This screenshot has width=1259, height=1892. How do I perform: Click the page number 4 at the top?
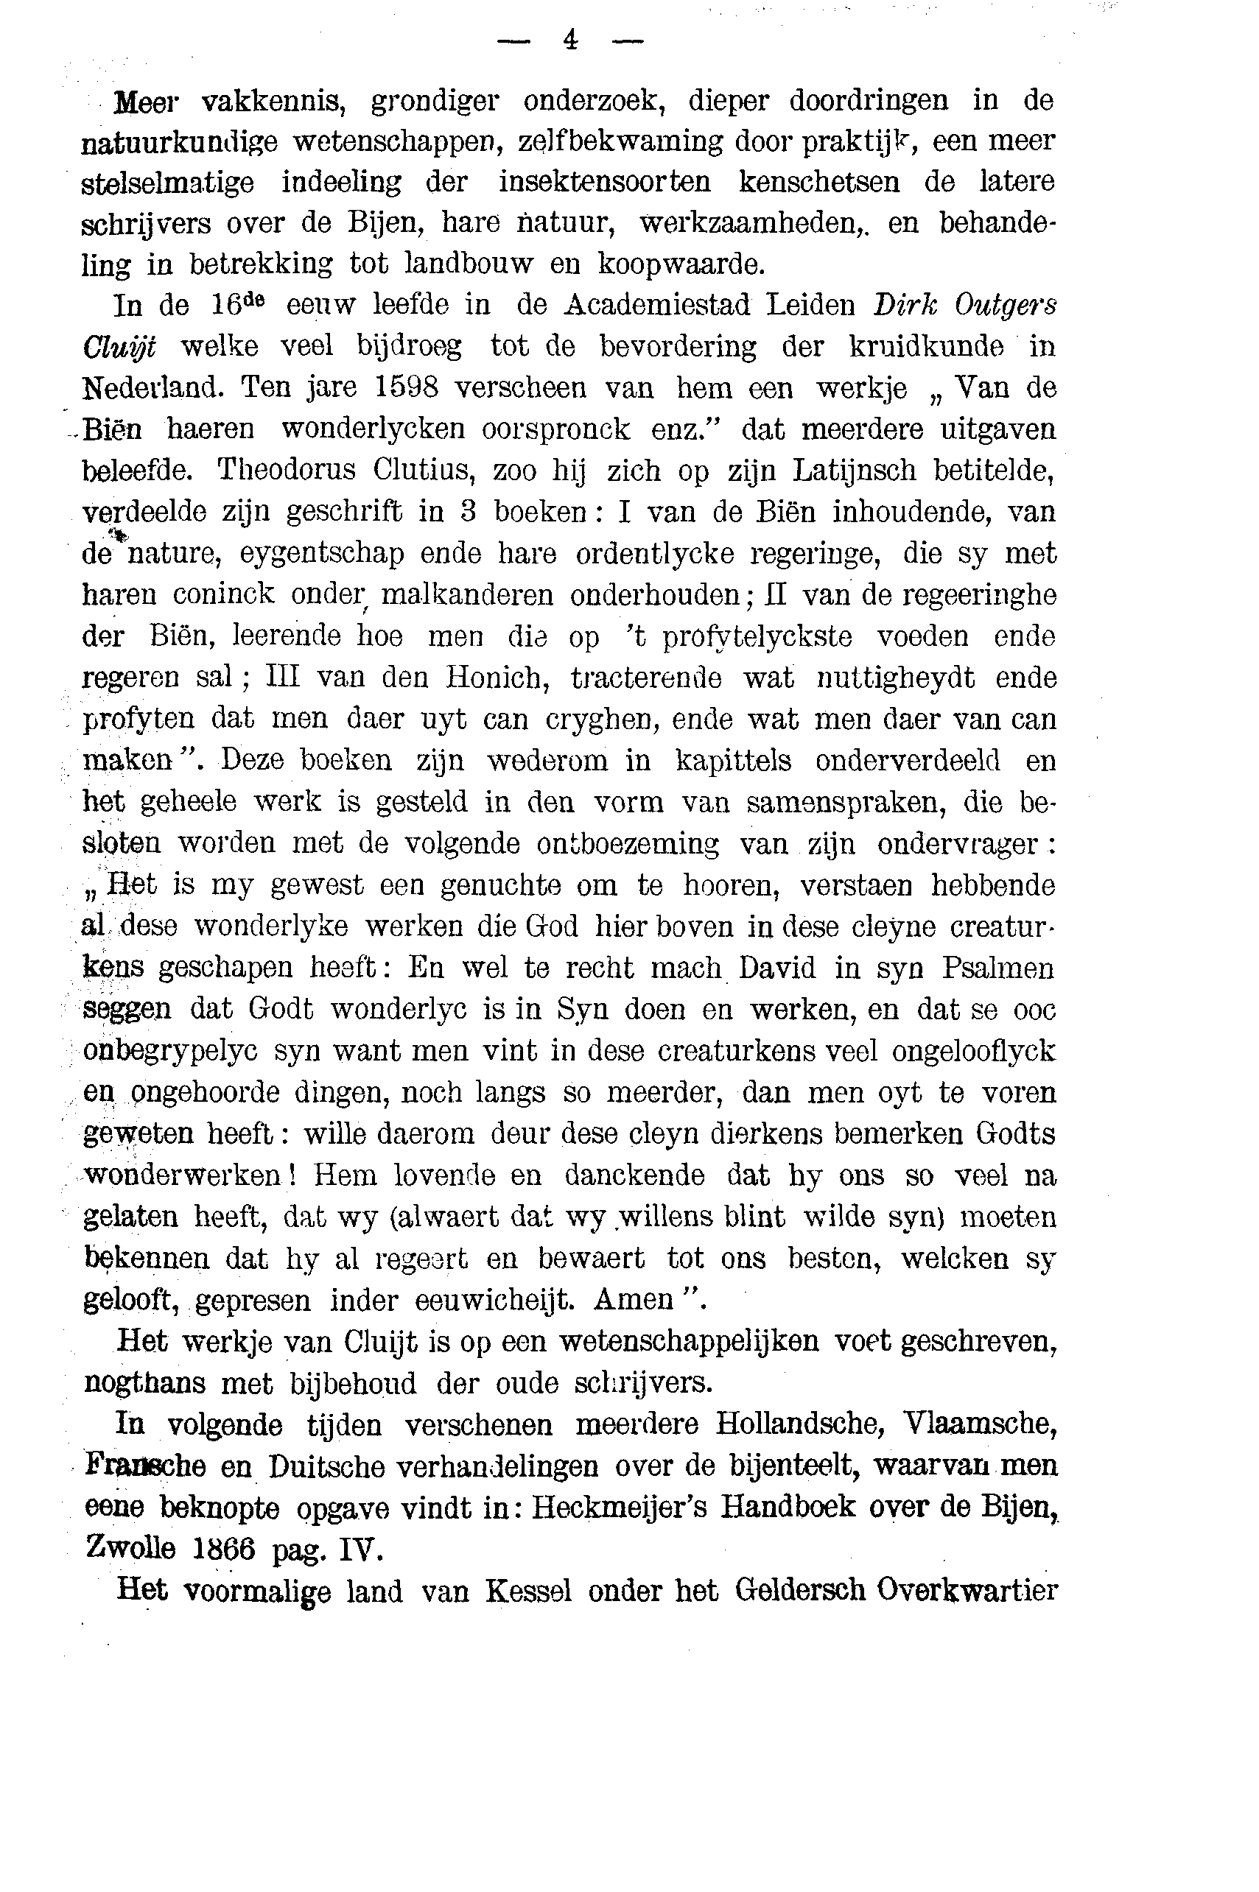click(570, 40)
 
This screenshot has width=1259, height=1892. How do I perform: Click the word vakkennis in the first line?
click(273, 102)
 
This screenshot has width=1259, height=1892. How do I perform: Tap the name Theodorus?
click(286, 471)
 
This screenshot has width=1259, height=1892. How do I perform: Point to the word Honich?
click(498, 678)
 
